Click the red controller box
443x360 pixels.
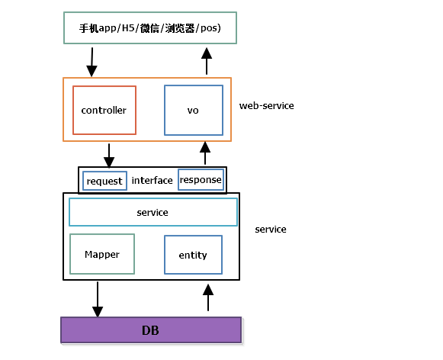104,111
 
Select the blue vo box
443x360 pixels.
193,111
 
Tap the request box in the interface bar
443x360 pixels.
104,181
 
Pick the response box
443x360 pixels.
201,180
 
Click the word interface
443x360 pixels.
152,181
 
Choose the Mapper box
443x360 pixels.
102,254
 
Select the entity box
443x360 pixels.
193,255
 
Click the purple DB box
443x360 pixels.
151,330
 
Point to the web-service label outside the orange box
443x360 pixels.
266,106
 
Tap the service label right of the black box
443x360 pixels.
271,229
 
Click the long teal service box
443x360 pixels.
152,212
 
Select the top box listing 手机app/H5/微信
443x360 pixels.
149,28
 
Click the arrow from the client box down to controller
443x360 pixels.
92,61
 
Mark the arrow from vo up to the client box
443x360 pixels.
206,61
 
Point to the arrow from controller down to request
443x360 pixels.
109,156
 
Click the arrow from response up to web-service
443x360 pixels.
204,153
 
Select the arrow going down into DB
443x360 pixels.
98,299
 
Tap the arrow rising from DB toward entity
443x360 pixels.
207,298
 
